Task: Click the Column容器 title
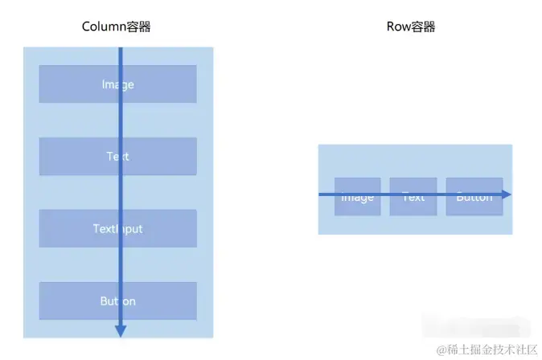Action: coord(117,27)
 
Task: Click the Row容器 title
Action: coord(410,27)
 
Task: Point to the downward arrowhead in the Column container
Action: coord(121,329)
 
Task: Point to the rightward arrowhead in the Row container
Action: coord(506,194)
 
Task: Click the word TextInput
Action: coord(117,229)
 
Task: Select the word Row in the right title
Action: coord(397,27)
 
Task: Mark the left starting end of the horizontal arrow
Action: coord(321,194)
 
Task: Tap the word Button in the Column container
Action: coord(117,301)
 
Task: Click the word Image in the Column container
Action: coord(117,84)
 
